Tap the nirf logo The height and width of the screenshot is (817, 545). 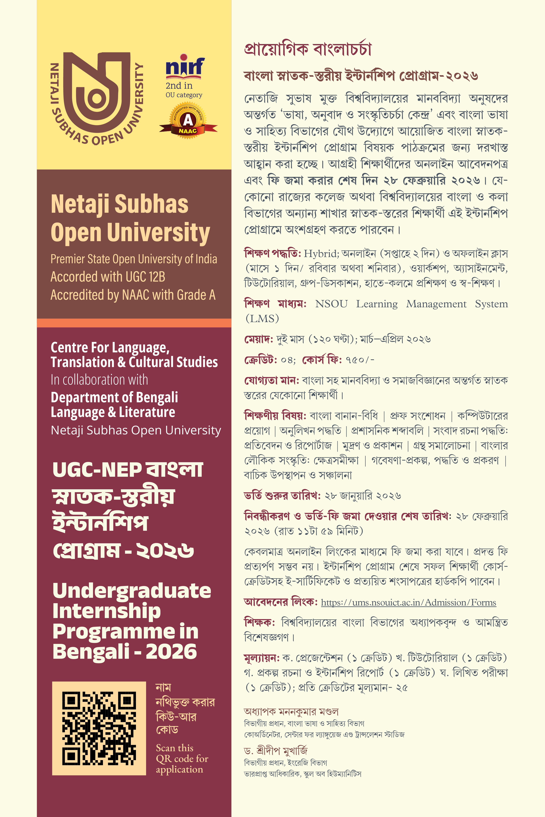185,66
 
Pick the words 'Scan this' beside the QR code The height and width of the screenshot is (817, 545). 175,748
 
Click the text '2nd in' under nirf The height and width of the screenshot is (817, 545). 179,85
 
